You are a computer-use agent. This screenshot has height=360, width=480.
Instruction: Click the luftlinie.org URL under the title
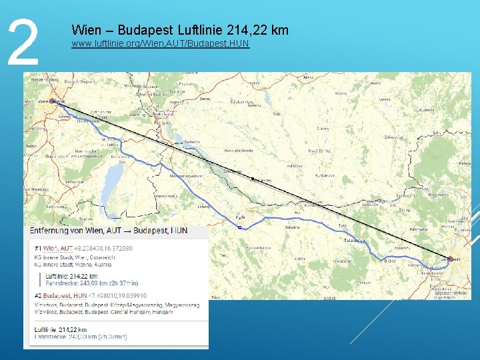pos(160,44)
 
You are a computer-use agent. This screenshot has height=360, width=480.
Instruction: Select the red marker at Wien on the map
pos(53,102)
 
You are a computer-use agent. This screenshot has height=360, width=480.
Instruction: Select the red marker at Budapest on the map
pos(451,259)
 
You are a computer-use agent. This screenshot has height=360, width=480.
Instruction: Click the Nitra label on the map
pos(308,78)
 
